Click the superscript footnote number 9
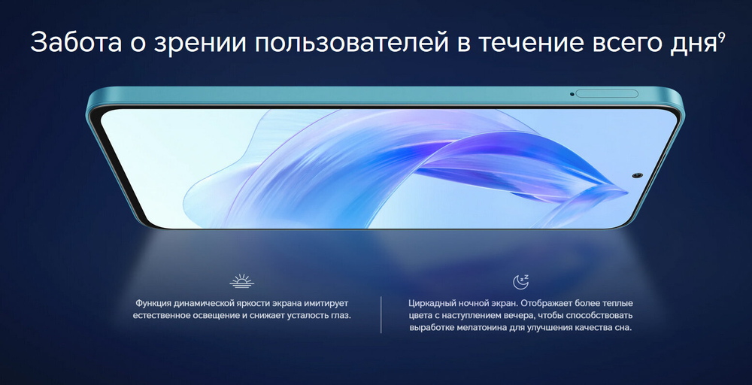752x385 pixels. pos(721,35)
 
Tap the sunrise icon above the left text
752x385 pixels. pos(241,281)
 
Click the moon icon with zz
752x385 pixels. pos(520,281)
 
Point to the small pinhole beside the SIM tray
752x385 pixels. pos(572,94)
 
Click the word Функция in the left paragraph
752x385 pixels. pos(155,302)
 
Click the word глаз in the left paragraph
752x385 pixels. pos(339,316)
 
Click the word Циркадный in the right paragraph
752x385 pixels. pos(433,302)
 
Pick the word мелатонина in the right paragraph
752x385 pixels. pos(482,329)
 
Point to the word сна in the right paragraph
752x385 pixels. pos(621,329)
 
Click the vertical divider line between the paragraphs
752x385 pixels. pos(381,315)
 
